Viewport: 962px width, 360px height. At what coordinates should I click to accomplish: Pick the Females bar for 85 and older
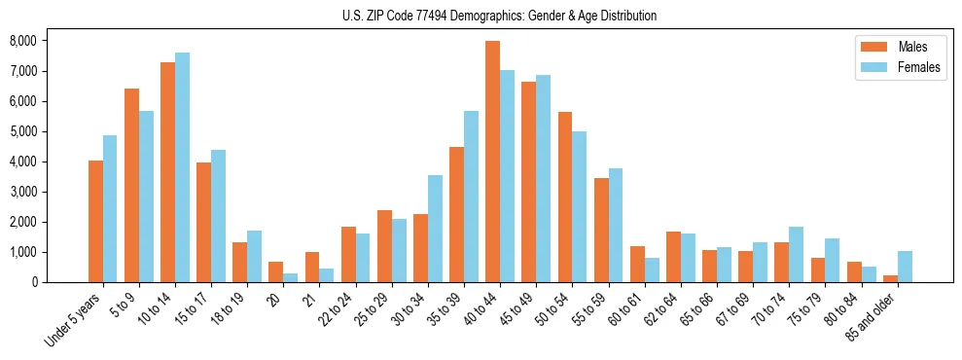905,267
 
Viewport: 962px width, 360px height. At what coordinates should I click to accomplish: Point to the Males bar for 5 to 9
131,186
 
